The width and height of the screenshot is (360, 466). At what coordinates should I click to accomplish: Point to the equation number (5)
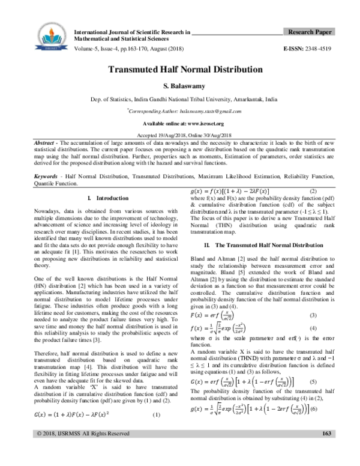(x=313, y=364)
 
